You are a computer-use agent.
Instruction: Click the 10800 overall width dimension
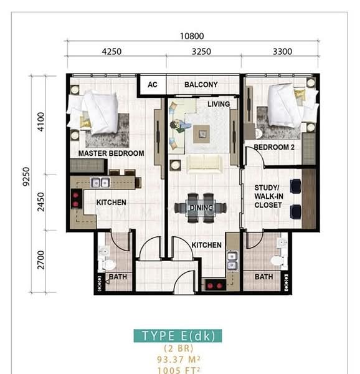pos(192,36)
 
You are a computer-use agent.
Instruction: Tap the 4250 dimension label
pos(111,52)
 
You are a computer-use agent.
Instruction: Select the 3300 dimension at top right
pos(282,52)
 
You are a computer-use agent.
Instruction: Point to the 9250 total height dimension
pos(26,176)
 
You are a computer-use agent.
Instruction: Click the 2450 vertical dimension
pos(41,202)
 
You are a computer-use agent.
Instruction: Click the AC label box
pos(153,85)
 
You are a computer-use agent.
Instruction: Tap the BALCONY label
pos(201,85)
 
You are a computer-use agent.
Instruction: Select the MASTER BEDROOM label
pos(111,153)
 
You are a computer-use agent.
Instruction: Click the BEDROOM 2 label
pos(274,147)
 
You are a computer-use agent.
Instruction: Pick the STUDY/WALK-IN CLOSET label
pos(268,196)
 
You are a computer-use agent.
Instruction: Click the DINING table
pos(201,208)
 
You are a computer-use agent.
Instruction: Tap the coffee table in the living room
pos(201,134)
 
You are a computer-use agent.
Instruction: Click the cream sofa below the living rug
pos(204,163)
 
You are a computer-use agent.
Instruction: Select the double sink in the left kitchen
pos(100,183)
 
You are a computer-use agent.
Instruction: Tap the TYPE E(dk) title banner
pos(178,336)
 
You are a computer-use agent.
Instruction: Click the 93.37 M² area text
pos(178,359)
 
